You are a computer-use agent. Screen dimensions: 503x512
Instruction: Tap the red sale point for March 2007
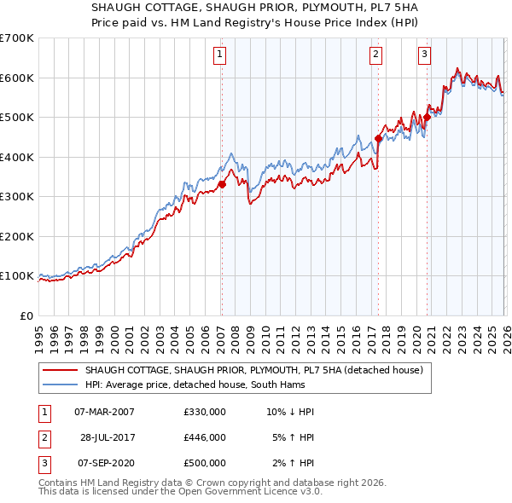pos(222,183)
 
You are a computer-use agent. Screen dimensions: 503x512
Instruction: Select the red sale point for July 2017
pos(378,138)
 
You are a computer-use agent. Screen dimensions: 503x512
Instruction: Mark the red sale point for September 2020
pos(427,118)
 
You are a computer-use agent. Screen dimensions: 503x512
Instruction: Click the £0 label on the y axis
pos(26,315)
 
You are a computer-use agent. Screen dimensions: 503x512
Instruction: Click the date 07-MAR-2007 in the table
pos(104,412)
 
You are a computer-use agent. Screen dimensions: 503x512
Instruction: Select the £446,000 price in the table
pos(204,437)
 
